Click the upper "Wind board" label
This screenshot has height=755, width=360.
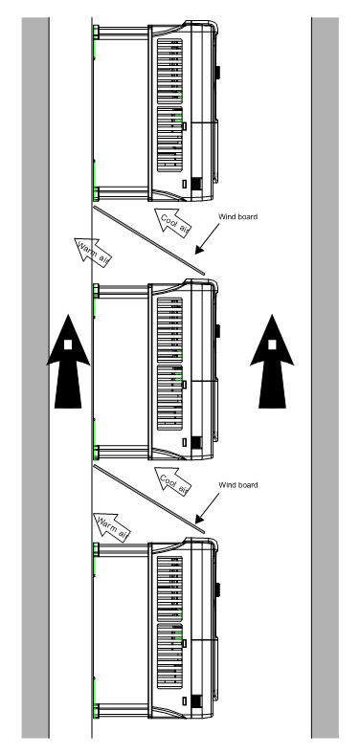pyautogui.click(x=238, y=216)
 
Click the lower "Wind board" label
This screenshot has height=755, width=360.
pyautogui.click(x=238, y=485)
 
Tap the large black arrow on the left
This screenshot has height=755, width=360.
pyautogui.click(x=68, y=361)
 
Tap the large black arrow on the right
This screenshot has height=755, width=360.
pyautogui.click(x=272, y=361)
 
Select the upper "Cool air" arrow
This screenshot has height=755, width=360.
pyautogui.click(x=172, y=222)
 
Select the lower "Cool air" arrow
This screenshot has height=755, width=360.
pyautogui.click(x=172, y=480)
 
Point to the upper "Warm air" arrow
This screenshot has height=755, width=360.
pyautogui.click(x=93, y=252)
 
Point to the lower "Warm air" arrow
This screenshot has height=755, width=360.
pyautogui.click(x=112, y=527)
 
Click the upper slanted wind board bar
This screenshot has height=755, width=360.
pyautogui.click(x=149, y=240)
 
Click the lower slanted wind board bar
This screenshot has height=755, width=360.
pyautogui.click(x=149, y=499)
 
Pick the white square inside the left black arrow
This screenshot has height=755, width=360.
pyautogui.click(x=68, y=344)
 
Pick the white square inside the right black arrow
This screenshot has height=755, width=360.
pyautogui.click(x=272, y=344)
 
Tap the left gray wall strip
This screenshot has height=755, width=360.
pyautogui.click(x=35, y=377)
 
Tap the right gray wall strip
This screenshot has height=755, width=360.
pyautogui.click(x=326, y=377)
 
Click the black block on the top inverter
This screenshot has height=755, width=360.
pyautogui.click(x=196, y=184)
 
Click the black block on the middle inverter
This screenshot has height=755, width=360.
pyautogui.click(x=196, y=442)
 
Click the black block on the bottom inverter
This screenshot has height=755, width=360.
pyautogui.click(x=196, y=701)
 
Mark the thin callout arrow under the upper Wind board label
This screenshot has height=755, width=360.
pyautogui.click(x=207, y=239)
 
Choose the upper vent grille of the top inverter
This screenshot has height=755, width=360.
pyautogui.click(x=169, y=71)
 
